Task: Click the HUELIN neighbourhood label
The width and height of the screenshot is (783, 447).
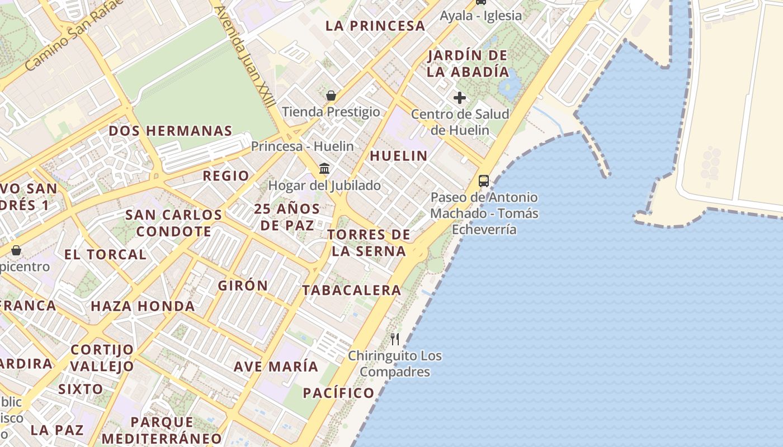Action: [x=399, y=156]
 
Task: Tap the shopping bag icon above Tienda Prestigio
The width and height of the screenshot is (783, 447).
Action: [x=331, y=96]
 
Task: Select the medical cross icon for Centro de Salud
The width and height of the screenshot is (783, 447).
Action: [x=460, y=98]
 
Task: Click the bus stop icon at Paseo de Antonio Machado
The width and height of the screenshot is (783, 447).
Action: [x=484, y=181]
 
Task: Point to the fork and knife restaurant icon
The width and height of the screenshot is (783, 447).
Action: [x=395, y=339]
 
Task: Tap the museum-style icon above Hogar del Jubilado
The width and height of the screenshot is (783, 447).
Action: [x=324, y=168]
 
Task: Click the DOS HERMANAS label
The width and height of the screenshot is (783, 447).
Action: [x=170, y=131]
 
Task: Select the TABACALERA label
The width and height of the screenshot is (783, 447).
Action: [x=352, y=290]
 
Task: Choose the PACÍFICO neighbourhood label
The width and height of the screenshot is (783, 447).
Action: [x=338, y=393]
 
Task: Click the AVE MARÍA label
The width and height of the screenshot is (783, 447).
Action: [x=276, y=367]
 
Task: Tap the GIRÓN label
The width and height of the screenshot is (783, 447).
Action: [x=243, y=286]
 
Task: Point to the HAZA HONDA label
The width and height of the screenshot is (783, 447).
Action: [x=143, y=306]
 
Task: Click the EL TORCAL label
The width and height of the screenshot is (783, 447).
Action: [x=105, y=255]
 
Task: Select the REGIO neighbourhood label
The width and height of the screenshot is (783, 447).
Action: [x=226, y=176]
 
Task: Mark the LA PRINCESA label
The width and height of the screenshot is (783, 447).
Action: [x=375, y=26]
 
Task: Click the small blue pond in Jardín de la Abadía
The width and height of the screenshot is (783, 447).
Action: [x=511, y=85]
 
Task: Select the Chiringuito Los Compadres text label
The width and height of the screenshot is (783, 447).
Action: [x=395, y=364]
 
